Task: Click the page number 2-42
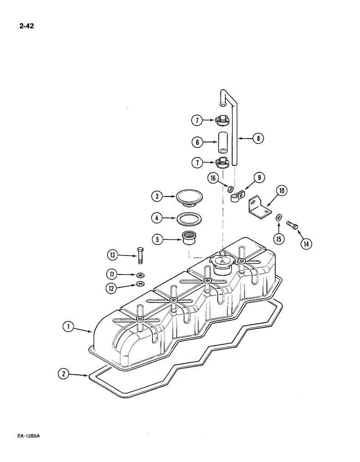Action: pyautogui.click(x=24, y=26)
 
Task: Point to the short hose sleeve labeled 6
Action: pyautogui.click(x=223, y=143)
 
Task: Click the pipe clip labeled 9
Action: pyautogui.click(x=236, y=197)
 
